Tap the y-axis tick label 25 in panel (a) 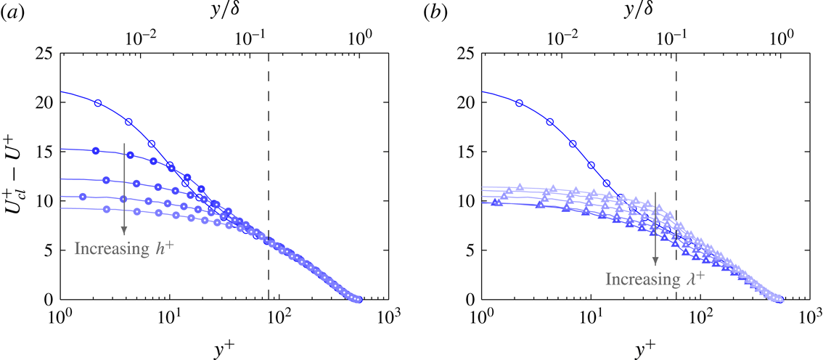coord(44,54)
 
